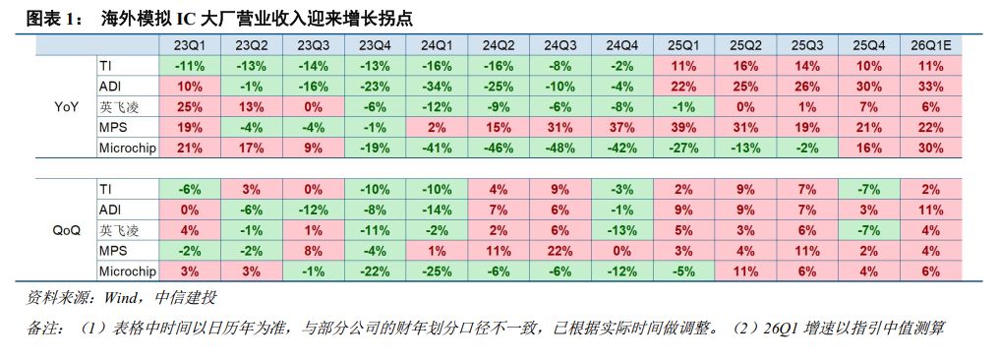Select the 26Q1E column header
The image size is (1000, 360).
(x=930, y=45)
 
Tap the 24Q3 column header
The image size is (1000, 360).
(x=559, y=45)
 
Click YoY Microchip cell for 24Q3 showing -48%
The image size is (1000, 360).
(x=559, y=148)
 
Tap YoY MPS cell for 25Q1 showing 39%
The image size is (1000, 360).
(x=683, y=127)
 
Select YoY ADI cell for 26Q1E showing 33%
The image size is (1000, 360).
(x=930, y=86)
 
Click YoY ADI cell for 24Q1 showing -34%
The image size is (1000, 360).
(x=436, y=86)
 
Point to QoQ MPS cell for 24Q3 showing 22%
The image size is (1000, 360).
(x=559, y=250)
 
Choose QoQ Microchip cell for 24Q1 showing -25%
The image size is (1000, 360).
(x=436, y=270)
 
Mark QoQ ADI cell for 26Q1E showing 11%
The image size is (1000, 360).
(x=930, y=209)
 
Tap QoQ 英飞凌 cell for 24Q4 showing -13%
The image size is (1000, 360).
(x=621, y=229)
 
